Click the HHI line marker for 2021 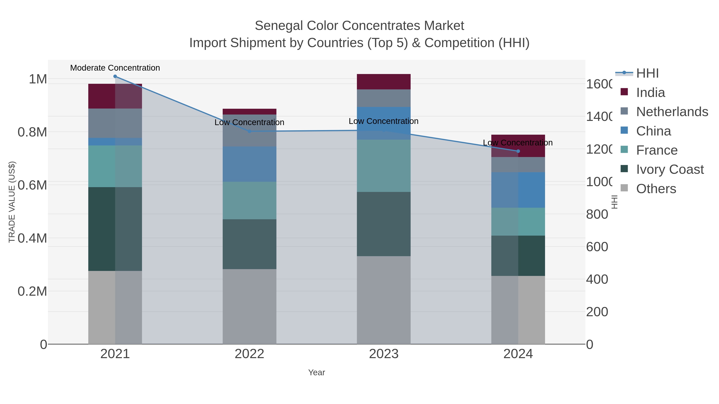(x=115, y=76)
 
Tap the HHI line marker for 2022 (x=249, y=131)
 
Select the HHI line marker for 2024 (x=518, y=151)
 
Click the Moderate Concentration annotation (x=115, y=68)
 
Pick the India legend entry (x=650, y=93)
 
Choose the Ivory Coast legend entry (x=670, y=170)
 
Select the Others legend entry (x=656, y=189)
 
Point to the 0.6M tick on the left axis (x=32, y=185)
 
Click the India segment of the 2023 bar (x=384, y=82)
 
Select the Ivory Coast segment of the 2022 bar (x=249, y=244)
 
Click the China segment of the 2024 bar (x=518, y=190)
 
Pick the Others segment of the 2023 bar (x=384, y=300)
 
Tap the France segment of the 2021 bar (x=115, y=166)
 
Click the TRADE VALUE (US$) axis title (x=12, y=202)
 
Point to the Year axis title (x=317, y=372)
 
